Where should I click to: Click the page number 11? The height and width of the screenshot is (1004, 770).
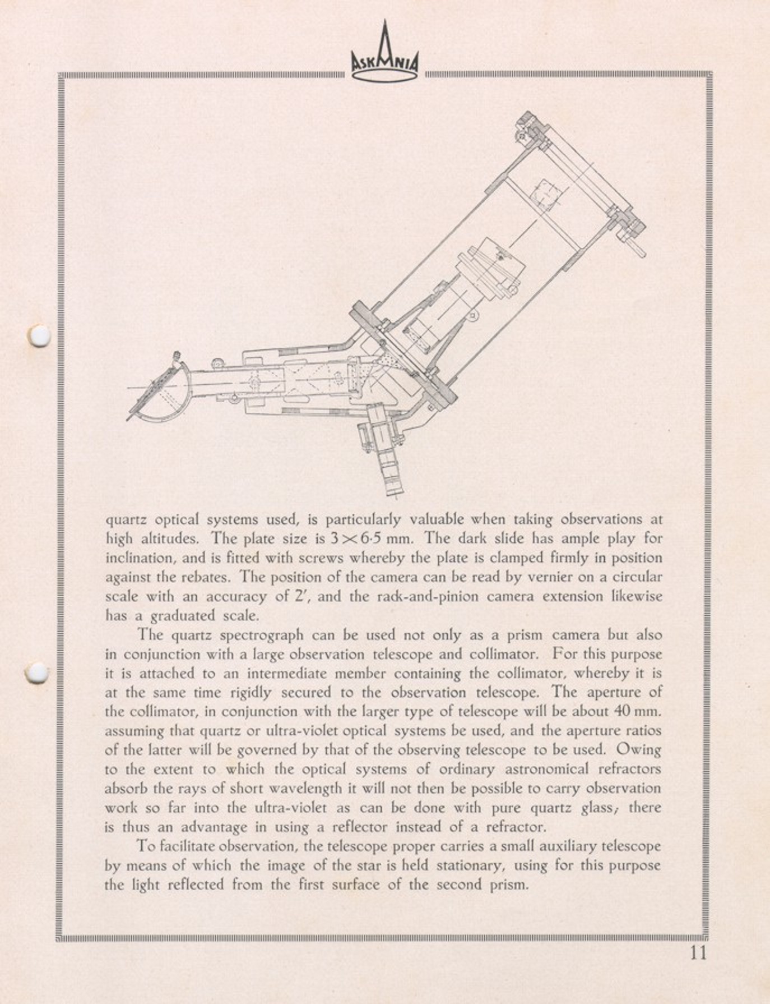pos(698,953)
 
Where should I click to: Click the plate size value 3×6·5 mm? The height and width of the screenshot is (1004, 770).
pos(371,539)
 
